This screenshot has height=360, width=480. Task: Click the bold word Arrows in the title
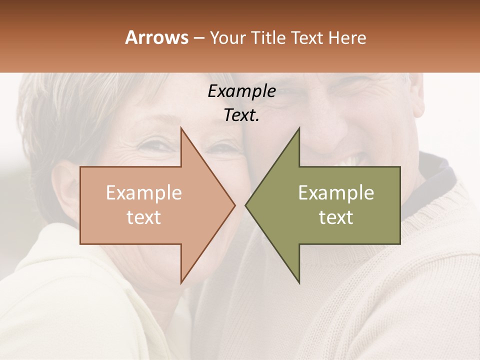tap(157, 37)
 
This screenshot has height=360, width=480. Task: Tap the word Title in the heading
tap(270, 38)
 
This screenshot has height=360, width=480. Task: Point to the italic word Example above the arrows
tap(241, 91)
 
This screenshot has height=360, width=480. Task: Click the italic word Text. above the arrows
tap(241, 115)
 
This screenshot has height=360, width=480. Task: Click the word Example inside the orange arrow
tap(144, 193)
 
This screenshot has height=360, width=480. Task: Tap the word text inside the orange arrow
tap(144, 217)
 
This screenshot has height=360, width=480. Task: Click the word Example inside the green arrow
tap(336, 193)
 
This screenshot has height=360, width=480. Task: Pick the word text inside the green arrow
tap(336, 217)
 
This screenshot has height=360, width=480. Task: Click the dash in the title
tap(198, 38)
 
